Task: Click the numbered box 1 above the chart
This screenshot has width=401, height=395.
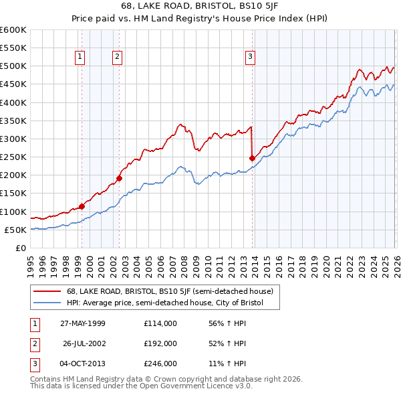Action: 80,58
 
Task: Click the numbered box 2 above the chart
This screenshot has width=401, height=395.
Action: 117,58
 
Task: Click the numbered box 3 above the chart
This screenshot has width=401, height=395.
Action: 250,58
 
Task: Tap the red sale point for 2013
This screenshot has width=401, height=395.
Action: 253,159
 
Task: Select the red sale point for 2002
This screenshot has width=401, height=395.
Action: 120,178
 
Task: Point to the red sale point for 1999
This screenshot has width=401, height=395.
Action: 82,206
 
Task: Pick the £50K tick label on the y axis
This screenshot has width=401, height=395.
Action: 15,230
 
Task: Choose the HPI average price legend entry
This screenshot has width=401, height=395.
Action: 164,303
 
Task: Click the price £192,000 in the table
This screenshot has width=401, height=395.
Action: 160,343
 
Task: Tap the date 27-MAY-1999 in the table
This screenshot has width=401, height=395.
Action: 82,323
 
